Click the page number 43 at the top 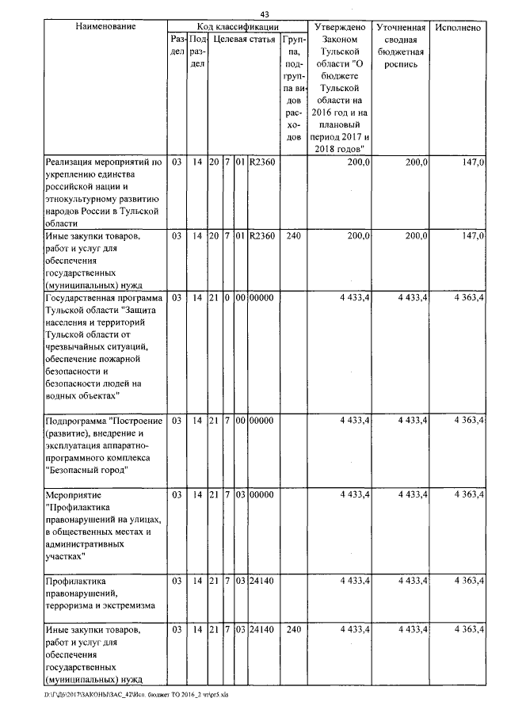[x=264, y=13]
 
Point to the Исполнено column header [x=458, y=27]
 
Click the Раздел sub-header [x=177, y=44]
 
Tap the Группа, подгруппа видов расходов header [x=293, y=87]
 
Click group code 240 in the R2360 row [x=293, y=236]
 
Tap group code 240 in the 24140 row [x=293, y=630]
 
